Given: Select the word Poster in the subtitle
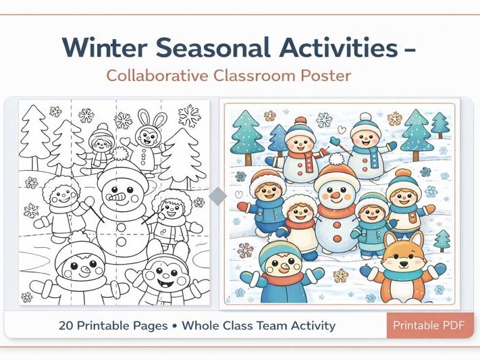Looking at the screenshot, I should [327, 75].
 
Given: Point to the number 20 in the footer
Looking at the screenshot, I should [66, 326].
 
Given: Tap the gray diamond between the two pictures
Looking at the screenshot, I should [217, 197].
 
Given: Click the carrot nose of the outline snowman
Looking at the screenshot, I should [119, 198].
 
